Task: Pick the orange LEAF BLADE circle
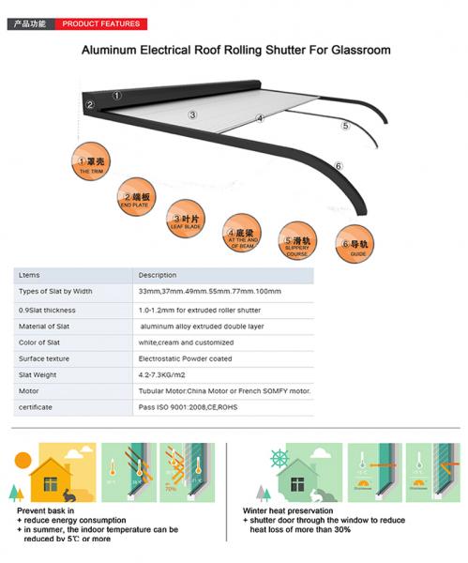click(x=187, y=218)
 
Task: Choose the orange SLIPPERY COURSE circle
click(x=297, y=241)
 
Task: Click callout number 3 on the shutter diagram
click(x=192, y=114)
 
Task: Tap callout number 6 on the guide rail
click(x=339, y=166)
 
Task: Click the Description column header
click(x=158, y=275)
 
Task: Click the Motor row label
click(x=29, y=390)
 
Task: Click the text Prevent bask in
click(x=47, y=510)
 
